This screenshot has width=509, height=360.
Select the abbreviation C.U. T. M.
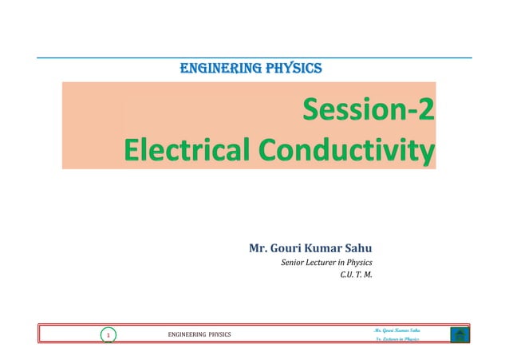pyautogui.click(x=356, y=278)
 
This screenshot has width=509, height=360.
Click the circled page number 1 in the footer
pyautogui.click(x=108, y=335)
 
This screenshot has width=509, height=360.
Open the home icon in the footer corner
pyautogui.click(x=459, y=334)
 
